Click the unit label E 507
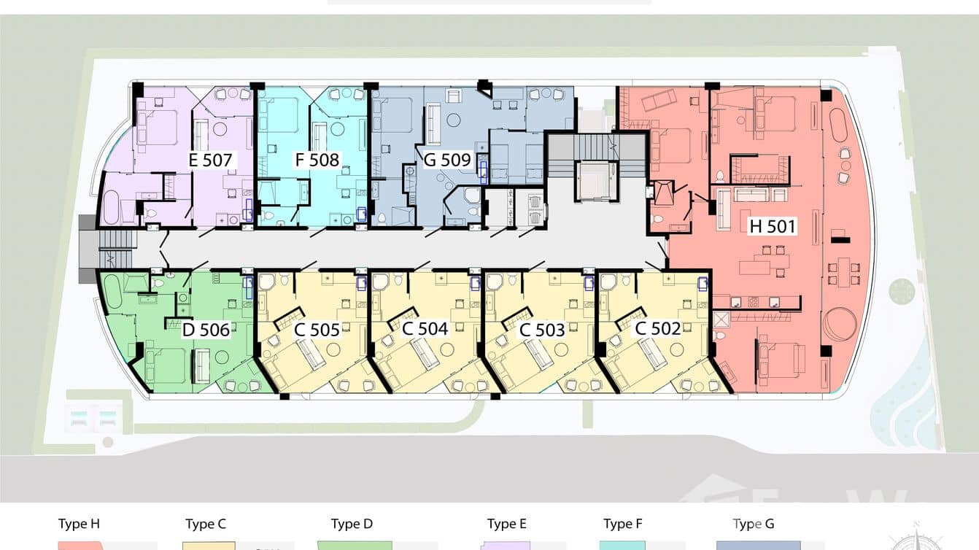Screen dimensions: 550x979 [210, 160]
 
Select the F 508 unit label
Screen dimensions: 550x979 [317, 160]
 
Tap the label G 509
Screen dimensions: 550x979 [447, 160]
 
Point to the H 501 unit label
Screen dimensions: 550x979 [773, 226]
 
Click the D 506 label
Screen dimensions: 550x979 [206, 330]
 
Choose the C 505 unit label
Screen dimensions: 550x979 [317, 330]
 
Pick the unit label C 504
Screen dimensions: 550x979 [425, 329]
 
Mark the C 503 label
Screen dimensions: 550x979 [543, 330]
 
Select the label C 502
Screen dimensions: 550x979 [657, 328]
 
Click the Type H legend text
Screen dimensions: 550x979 [79, 524]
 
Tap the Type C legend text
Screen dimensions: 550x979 [206, 524]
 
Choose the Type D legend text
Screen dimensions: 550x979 [352, 524]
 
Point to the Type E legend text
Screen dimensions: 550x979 [507, 524]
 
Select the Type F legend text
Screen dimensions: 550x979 [622, 524]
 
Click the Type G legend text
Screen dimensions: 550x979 [754, 524]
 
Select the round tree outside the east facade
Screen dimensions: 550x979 [902, 291]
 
